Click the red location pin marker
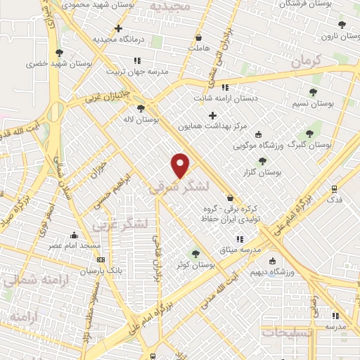point(181,165)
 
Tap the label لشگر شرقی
point(180,188)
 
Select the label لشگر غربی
point(120,224)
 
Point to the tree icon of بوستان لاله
point(141,108)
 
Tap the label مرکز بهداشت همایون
point(212,127)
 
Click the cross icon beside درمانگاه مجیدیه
point(119,29)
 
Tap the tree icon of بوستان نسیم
point(313,92)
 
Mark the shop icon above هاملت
point(199,37)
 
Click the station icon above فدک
point(334,188)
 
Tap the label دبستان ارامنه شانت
point(226,98)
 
